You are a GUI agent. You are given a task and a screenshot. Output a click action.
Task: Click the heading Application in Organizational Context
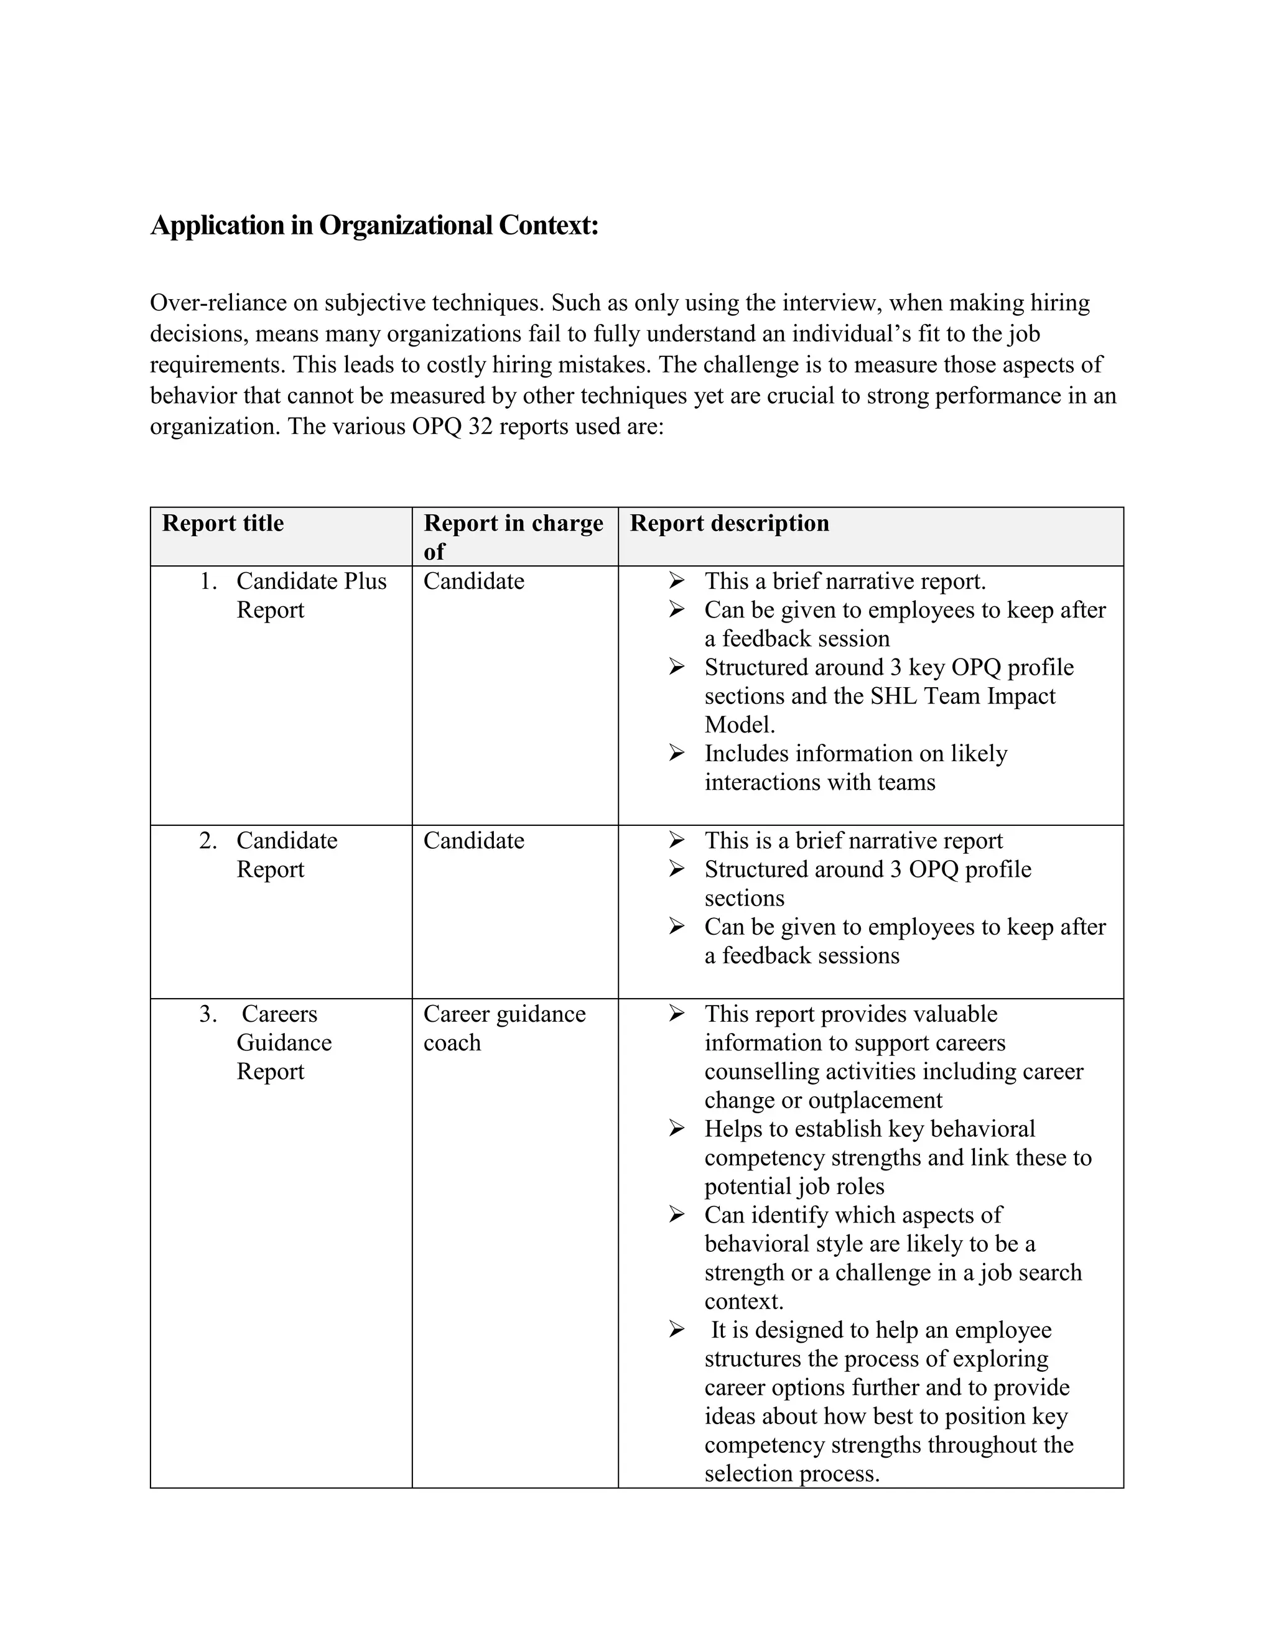tap(374, 225)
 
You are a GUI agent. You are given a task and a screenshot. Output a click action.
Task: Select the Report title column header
tap(223, 523)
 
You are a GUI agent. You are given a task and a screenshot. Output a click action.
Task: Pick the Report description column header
tap(729, 523)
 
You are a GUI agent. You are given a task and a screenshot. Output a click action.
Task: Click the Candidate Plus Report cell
tap(311, 595)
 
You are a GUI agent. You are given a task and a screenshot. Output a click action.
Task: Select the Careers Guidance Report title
tap(284, 1042)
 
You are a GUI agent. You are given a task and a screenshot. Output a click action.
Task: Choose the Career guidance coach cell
tap(504, 1028)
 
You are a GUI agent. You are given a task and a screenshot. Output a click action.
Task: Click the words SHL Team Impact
tap(962, 696)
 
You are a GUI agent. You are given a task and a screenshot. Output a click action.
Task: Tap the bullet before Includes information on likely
tap(676, 752)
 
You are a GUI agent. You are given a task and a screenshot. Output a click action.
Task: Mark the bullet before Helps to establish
tap(676, 1128)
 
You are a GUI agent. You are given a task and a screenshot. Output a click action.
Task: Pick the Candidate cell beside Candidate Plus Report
tap(473, 581)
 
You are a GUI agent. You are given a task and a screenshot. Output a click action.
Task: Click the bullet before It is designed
tap(676, 1330)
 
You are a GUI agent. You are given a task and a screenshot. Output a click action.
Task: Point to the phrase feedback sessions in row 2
tap(811, 955)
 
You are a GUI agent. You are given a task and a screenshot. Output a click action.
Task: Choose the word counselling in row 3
tap(761, 1071)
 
